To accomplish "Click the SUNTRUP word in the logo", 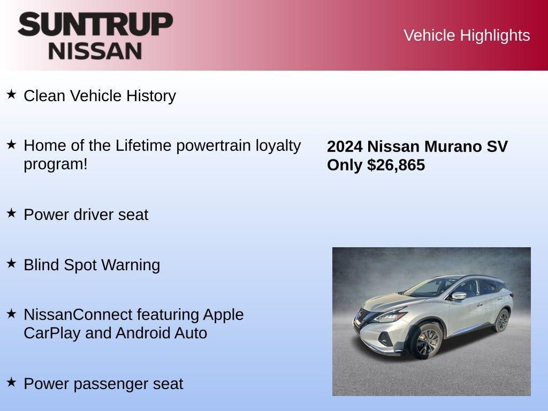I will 95,24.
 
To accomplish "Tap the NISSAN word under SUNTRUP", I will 95,51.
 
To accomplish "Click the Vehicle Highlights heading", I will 467,35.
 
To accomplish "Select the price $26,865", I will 396,165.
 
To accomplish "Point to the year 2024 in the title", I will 345,147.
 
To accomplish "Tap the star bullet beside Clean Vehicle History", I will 12,95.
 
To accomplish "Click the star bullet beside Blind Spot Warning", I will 12,263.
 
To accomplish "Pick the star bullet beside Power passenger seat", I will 12,382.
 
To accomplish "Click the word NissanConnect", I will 78,314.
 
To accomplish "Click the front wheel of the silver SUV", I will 427,342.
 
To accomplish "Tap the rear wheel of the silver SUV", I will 502,321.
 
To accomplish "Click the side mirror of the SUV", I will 459,295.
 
